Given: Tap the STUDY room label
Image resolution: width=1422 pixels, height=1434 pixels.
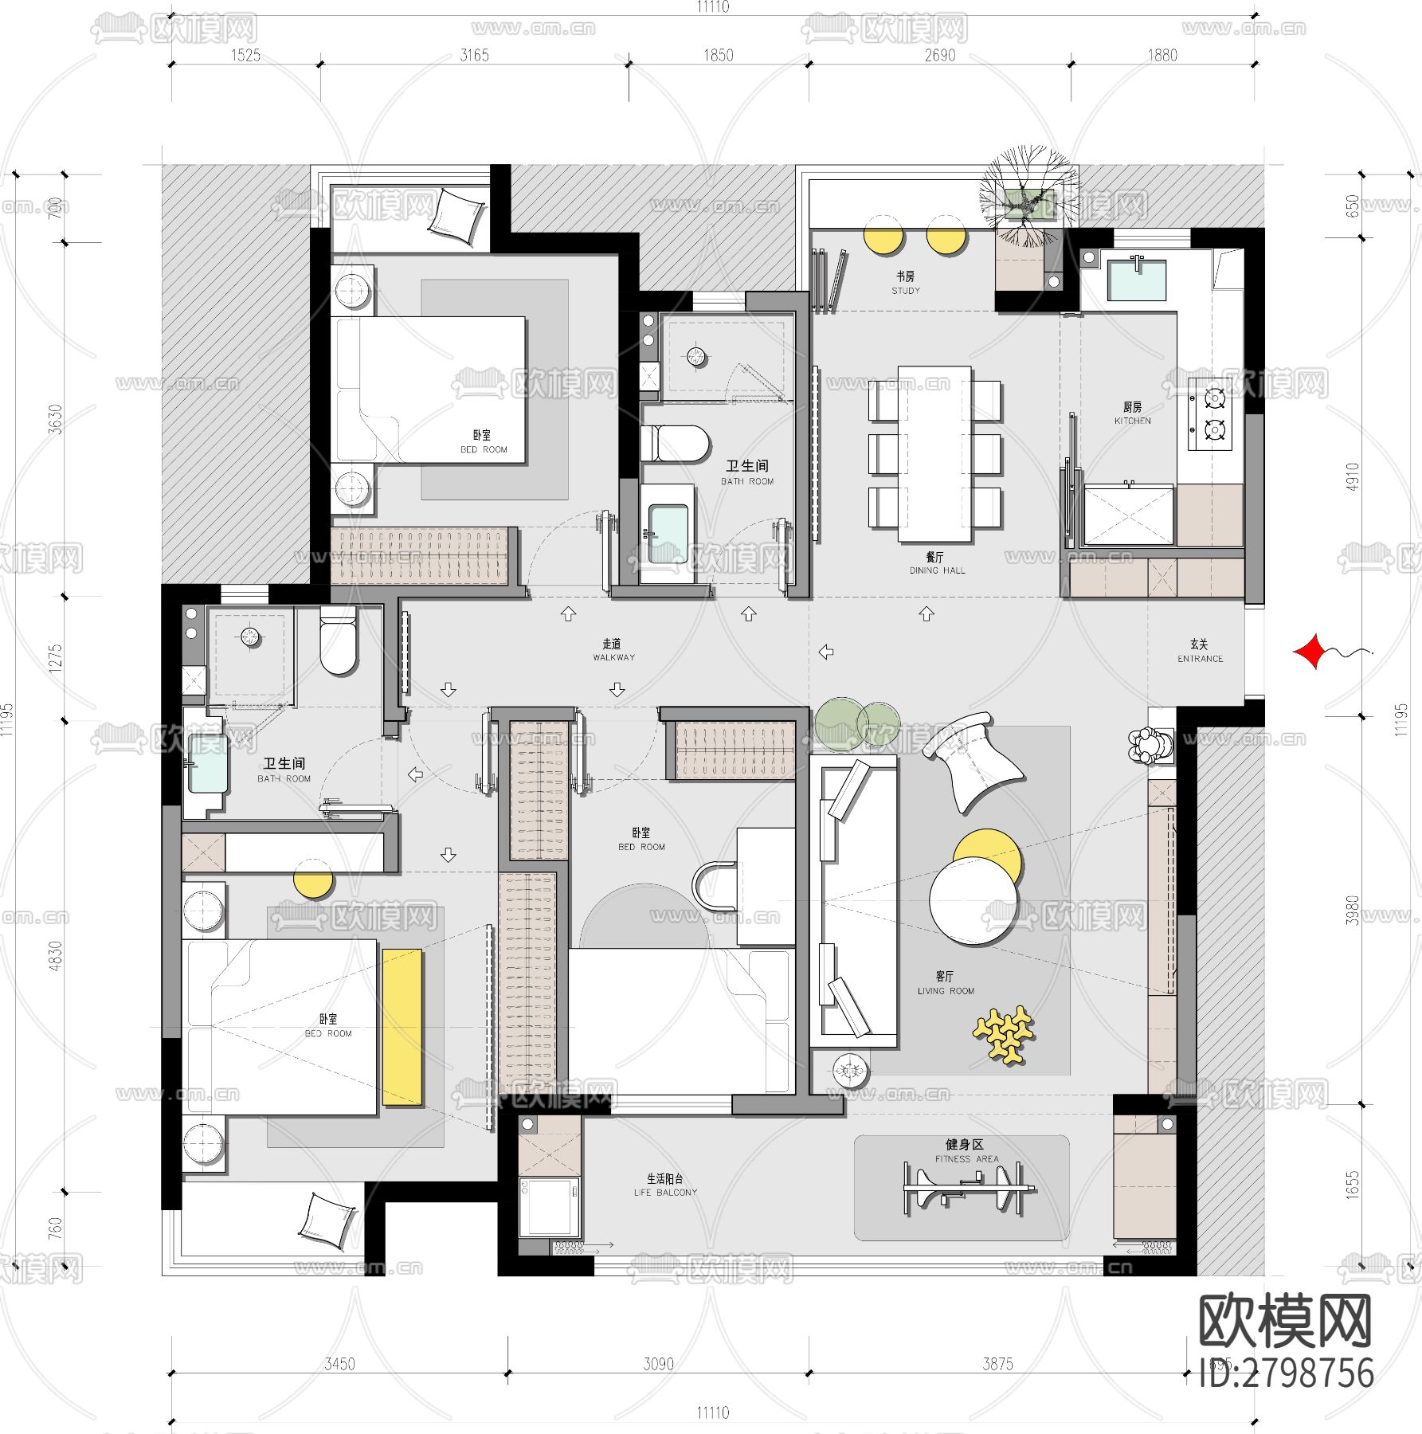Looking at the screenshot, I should [x=905, y=283].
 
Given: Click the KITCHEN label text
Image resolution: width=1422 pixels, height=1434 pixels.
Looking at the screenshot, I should [x=1132, y=413].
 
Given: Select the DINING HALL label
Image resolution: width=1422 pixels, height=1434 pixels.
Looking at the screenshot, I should [x=936, y=563].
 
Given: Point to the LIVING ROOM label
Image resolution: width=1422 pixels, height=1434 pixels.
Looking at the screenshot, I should [x=946, y=983].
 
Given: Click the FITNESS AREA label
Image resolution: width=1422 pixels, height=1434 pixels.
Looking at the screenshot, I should [x=966, y=1151].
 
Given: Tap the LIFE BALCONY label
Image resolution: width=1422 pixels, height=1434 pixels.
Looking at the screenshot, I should [x=665, y=1185].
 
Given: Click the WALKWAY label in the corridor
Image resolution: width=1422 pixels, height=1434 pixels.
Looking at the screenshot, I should [x=613, y=650].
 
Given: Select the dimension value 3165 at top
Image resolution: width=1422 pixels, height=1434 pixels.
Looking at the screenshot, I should [x=474, y=55].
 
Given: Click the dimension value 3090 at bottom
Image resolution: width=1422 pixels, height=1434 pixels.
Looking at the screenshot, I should [x=658, y=1364].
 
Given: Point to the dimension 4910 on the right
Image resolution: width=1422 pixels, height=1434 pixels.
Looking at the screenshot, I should [x=1352, y=476].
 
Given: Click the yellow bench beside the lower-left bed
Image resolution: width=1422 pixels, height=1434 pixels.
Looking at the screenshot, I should [x=402, y=1026].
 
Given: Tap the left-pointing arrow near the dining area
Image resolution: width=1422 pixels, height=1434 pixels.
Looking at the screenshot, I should [x=826, y=652].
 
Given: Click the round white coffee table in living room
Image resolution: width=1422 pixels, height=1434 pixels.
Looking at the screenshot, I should [x=973, y=903].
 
